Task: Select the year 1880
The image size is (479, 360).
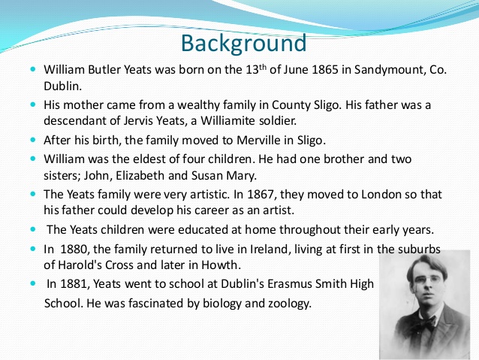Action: coord(74,248)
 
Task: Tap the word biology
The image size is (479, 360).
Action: coord(211,304)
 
